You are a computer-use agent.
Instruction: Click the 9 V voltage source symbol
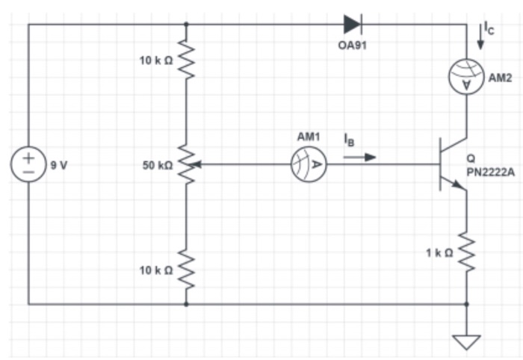click(28, 164)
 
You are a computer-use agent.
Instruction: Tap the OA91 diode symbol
click(353, 24)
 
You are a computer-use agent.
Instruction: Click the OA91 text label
click(353, 46)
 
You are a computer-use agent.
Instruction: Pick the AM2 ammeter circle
click(467, 78)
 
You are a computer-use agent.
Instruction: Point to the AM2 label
click(500, 78)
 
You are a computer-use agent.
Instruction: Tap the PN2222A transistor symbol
click(452, 164)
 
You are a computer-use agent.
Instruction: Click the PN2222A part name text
click(492, 172)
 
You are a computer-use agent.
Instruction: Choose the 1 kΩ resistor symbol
click(467, 252)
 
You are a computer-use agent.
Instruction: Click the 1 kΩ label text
click(439, 253)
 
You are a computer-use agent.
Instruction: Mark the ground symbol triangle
click(467, 342)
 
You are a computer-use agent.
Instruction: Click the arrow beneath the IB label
click(360, 158)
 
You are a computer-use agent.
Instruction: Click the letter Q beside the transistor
click(471, 158)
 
